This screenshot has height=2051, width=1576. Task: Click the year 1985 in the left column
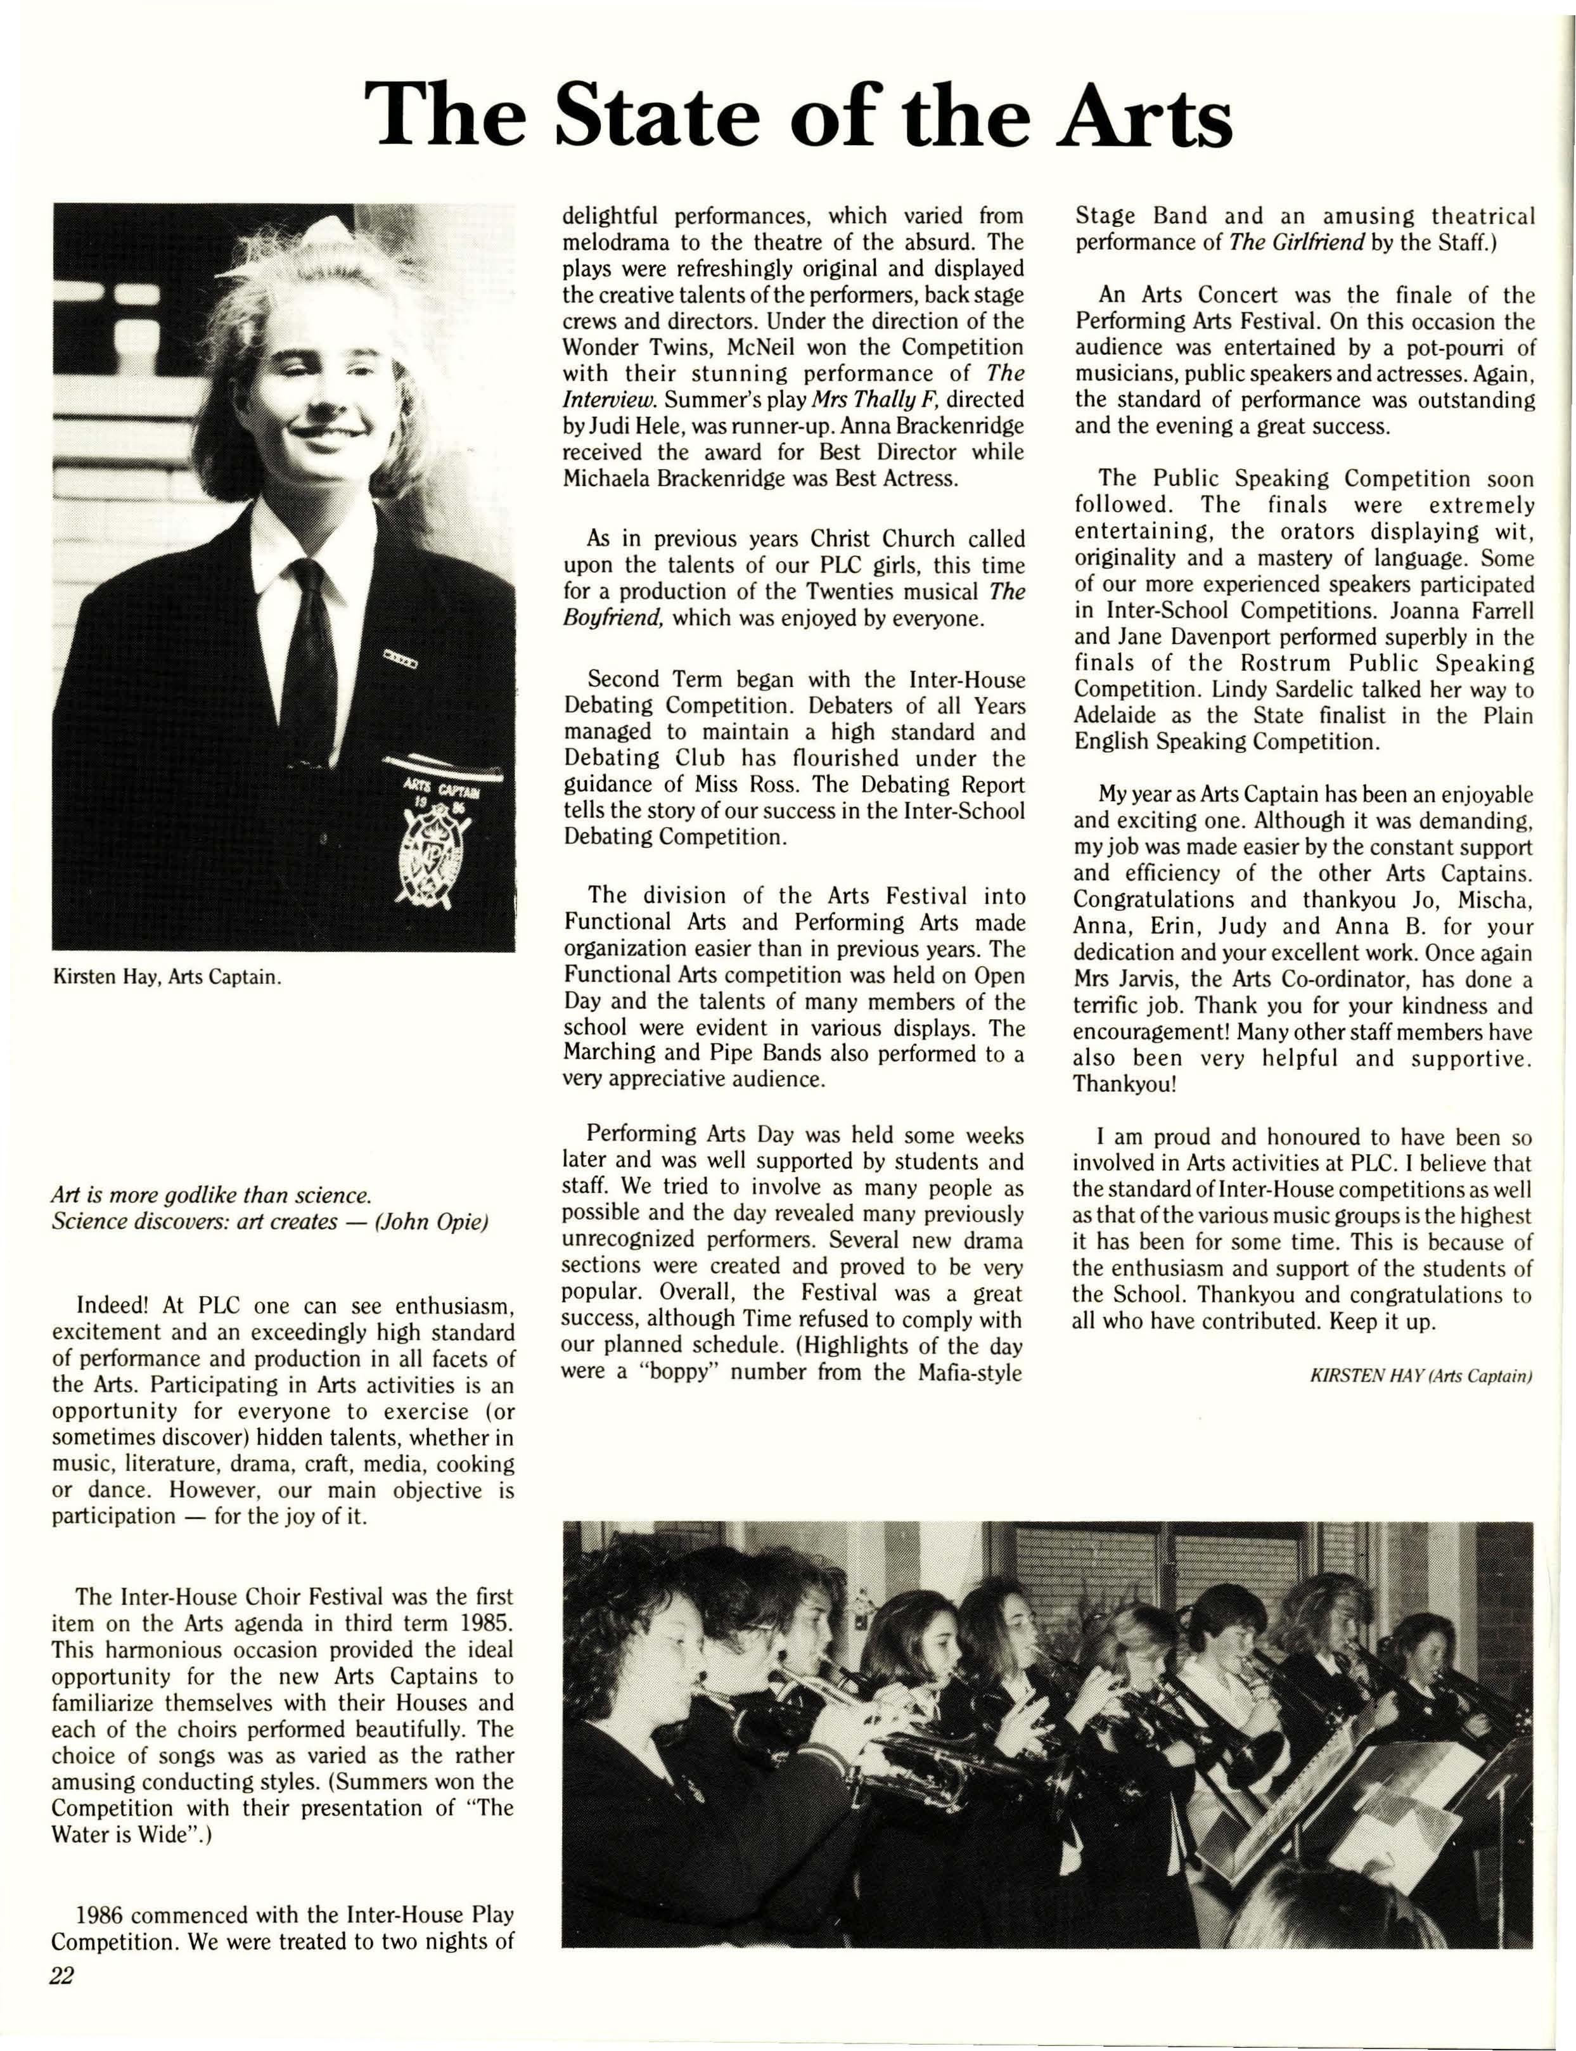pos(487,1623)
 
